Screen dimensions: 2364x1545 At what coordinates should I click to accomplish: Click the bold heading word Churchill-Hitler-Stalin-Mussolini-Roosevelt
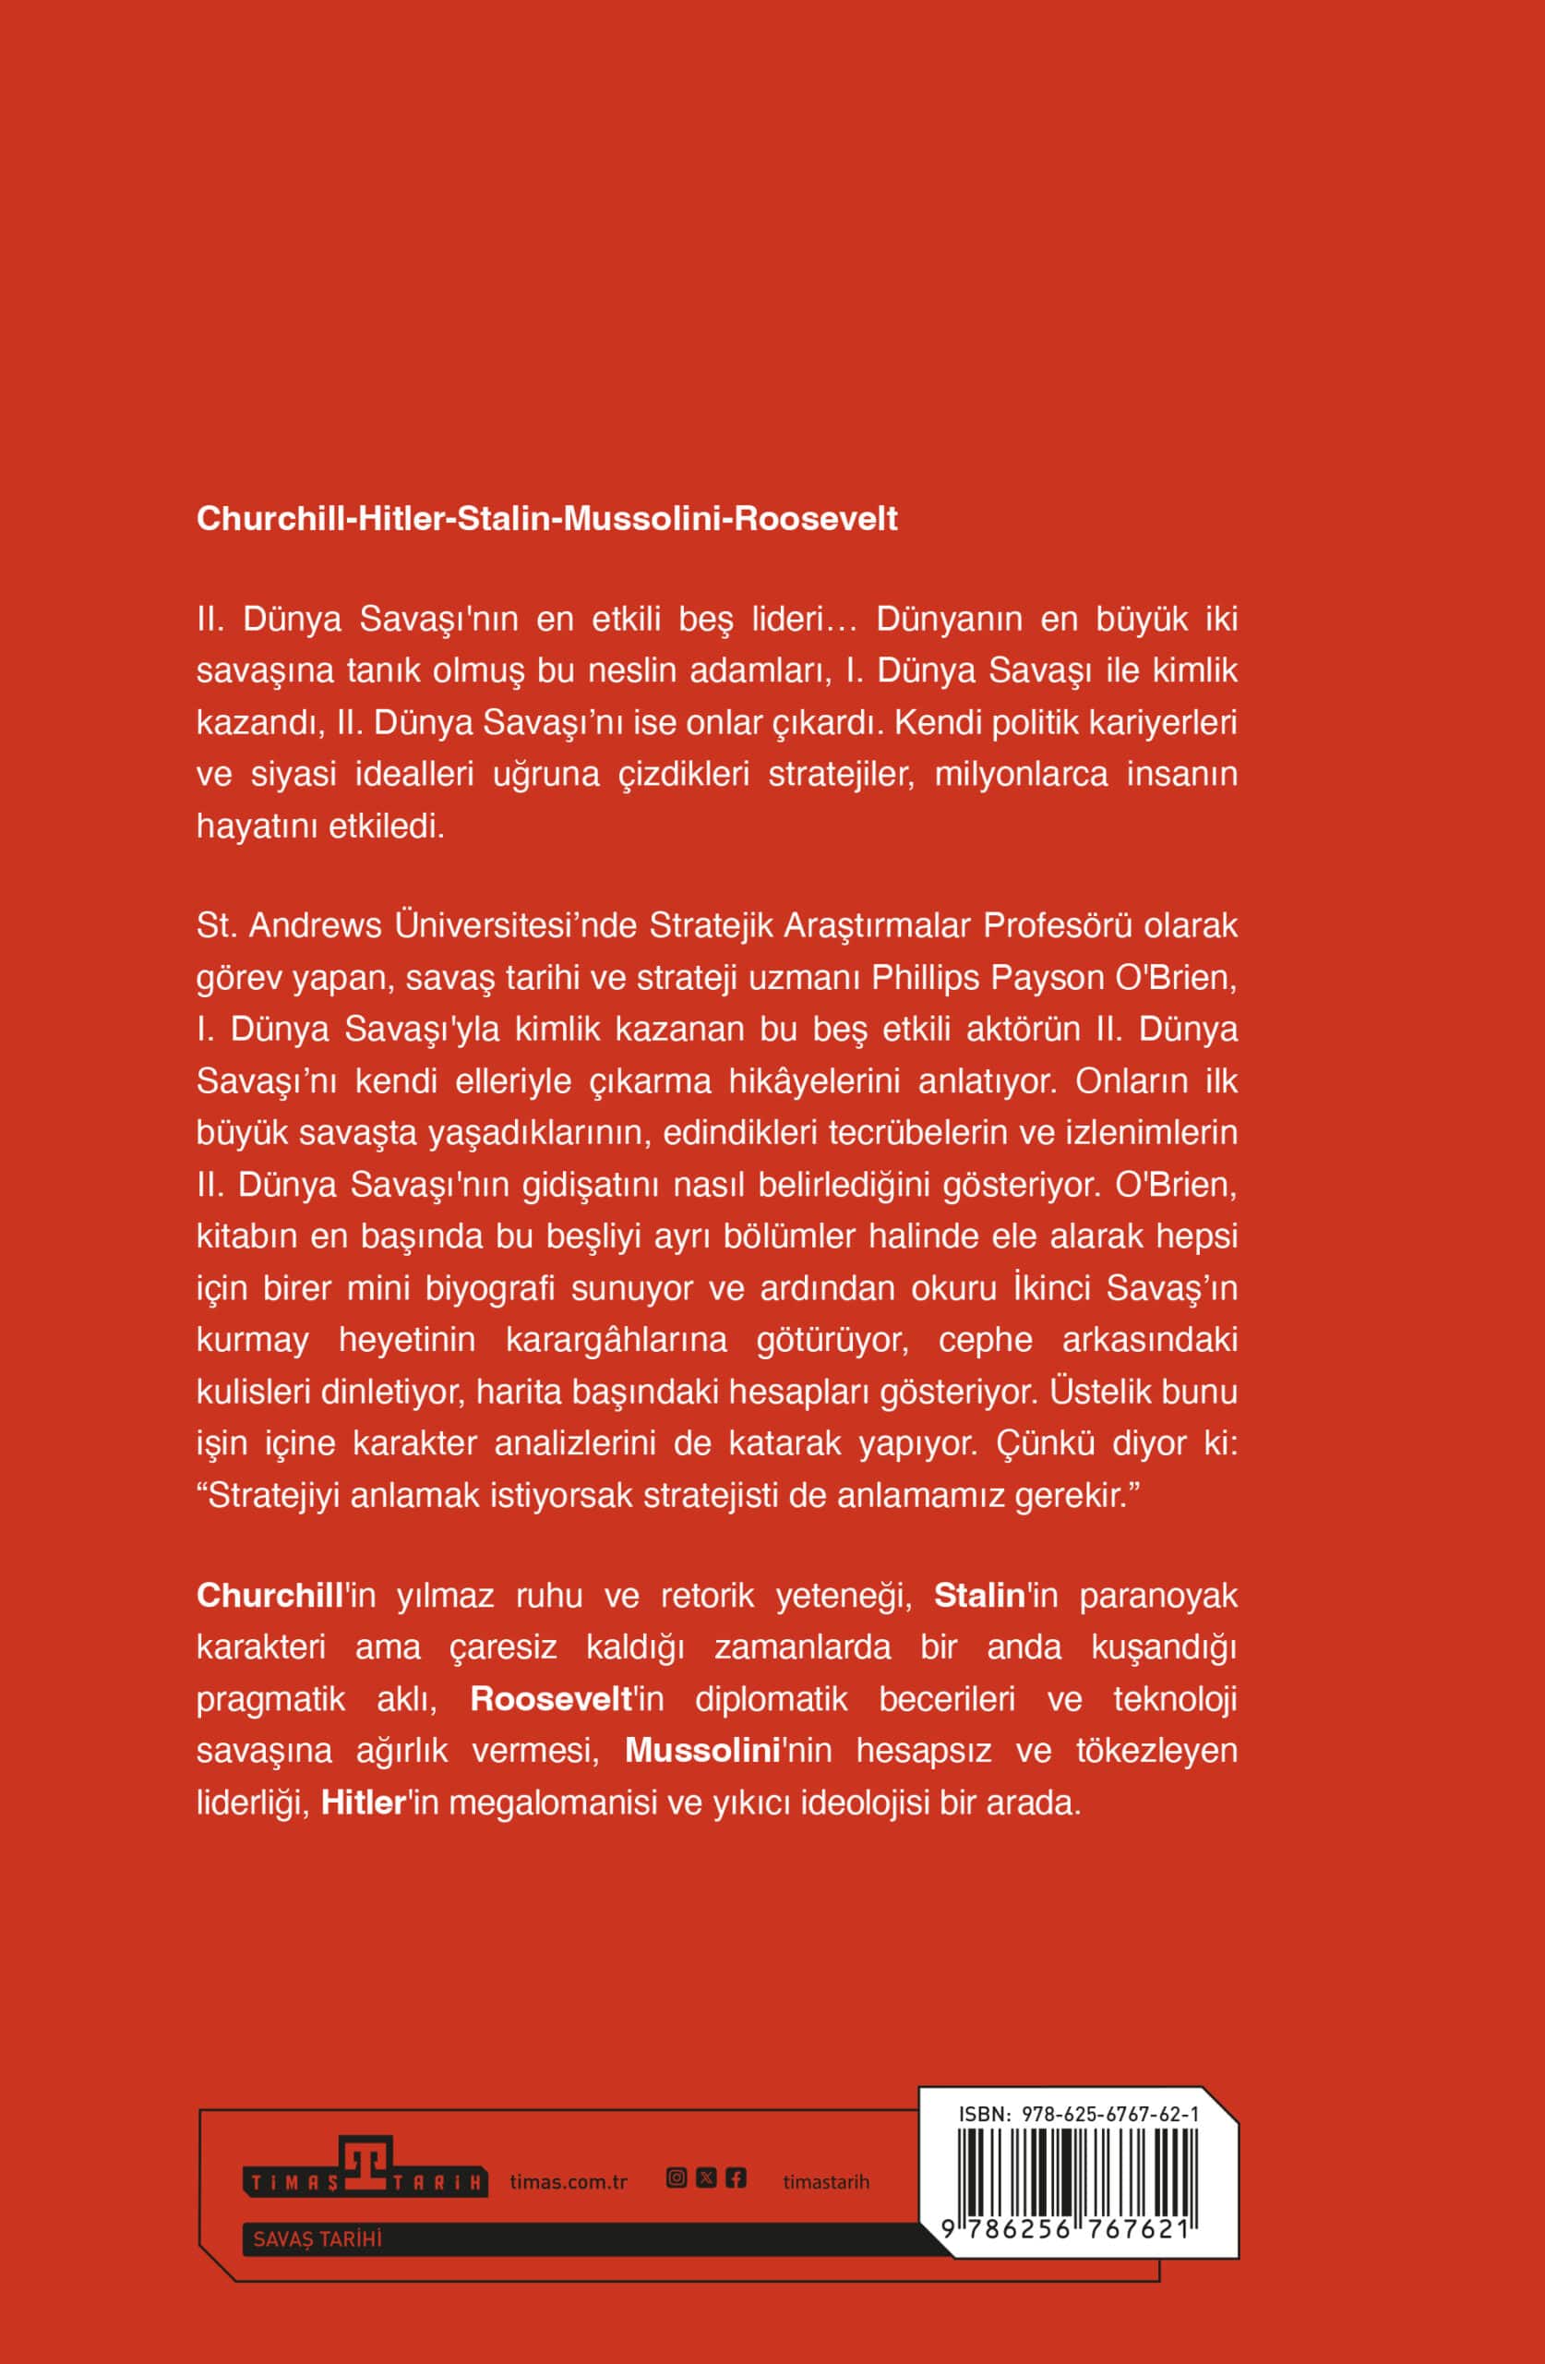546,518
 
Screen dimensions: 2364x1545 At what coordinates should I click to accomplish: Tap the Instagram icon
677,2178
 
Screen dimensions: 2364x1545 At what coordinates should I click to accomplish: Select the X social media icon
706,2178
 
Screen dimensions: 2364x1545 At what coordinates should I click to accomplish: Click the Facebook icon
736,2178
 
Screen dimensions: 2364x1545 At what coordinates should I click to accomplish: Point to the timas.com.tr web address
568,2182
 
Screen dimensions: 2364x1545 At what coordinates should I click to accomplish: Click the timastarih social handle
825,2182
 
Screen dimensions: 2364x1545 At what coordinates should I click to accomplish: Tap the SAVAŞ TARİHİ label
317,2238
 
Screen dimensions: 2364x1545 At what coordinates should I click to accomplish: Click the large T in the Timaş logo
366,2165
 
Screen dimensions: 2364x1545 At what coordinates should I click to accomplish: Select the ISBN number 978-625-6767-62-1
1109,2115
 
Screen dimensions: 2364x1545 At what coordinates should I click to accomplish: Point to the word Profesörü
1058,925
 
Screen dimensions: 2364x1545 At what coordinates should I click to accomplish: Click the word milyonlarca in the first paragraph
1021,774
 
